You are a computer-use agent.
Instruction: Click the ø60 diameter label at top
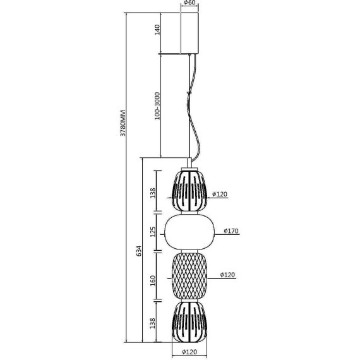189,3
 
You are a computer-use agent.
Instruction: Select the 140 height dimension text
157,30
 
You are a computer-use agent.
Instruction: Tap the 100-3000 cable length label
157,106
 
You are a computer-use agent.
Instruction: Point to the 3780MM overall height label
123,123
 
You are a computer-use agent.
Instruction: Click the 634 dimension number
140,251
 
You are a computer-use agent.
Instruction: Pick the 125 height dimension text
153,232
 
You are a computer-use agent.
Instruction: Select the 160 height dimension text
153,280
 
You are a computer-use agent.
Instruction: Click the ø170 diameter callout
231,231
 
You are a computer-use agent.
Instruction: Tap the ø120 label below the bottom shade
189,352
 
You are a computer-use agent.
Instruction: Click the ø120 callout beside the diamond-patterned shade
227,275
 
